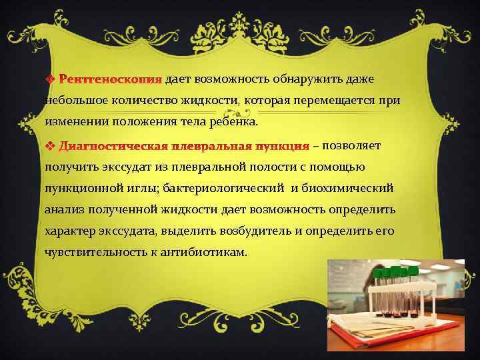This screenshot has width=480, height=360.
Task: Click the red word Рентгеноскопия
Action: pos(110,80)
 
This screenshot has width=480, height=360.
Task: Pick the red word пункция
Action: pos(282,145)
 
